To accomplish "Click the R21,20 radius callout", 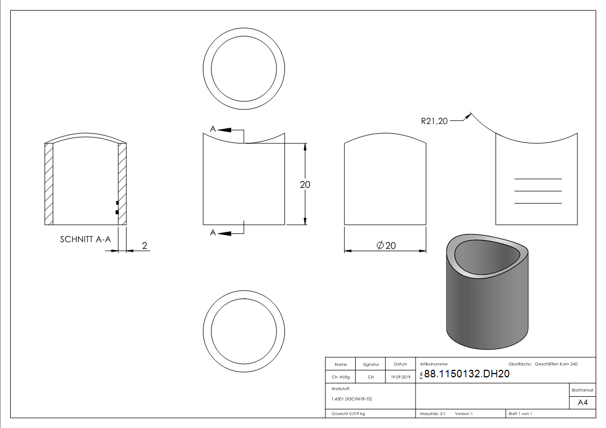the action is click(434, 121).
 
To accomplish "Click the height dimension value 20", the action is click(305, 184).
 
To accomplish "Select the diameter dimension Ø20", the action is click(386, 245).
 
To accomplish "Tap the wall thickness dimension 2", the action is click(145, 245).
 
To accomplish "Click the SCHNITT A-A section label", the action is click(85, 239).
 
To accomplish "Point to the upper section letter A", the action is click(213, 129).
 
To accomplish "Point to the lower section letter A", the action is click(213, 232).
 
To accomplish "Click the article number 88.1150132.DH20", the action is click(467, 374).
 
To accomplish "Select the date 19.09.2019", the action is click(400, 377).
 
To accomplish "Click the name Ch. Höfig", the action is click(341, 377).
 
